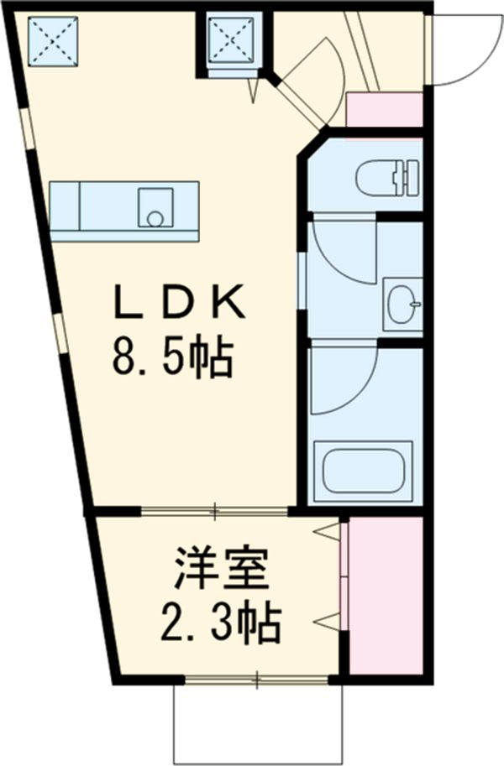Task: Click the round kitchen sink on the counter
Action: tap(155, 216)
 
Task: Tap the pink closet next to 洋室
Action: tap(385, 594)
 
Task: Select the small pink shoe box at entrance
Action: tap(384, 110)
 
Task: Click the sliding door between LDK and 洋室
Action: tap(215, 509)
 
